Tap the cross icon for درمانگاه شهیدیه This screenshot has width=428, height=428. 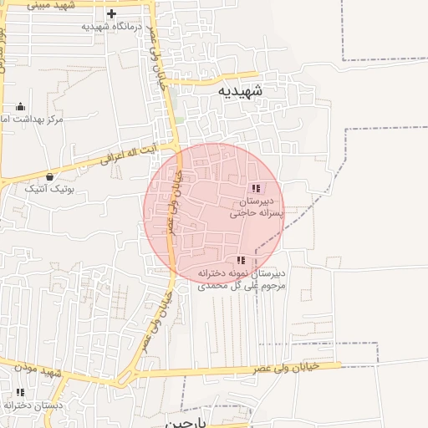tap(112, 14)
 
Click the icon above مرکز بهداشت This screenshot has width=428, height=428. tap(21, 107)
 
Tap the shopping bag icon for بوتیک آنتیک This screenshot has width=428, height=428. tap(51, 176)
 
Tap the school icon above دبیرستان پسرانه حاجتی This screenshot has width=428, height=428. tap(256, 188)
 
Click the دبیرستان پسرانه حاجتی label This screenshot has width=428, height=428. tap(257, 207)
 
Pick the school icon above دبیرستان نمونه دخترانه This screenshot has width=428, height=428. tap(241, 261)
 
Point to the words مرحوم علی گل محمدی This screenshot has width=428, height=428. tap(242, 286)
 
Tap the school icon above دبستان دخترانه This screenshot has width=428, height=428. tap(20, 392)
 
